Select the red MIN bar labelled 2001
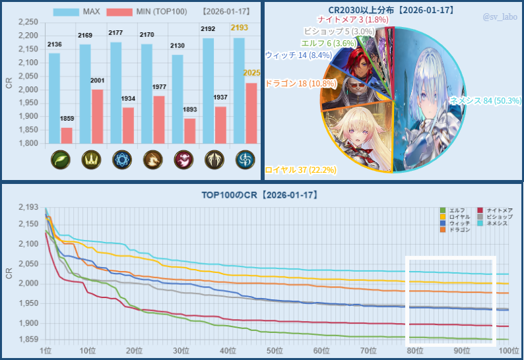coord(98,116)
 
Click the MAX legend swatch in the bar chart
coord(65,12)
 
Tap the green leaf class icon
coord(60,160)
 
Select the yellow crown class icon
coord(90,160)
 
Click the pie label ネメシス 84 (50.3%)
coord(484,101)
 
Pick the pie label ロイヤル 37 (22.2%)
coord(300,170)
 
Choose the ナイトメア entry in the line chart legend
coord(495,210)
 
